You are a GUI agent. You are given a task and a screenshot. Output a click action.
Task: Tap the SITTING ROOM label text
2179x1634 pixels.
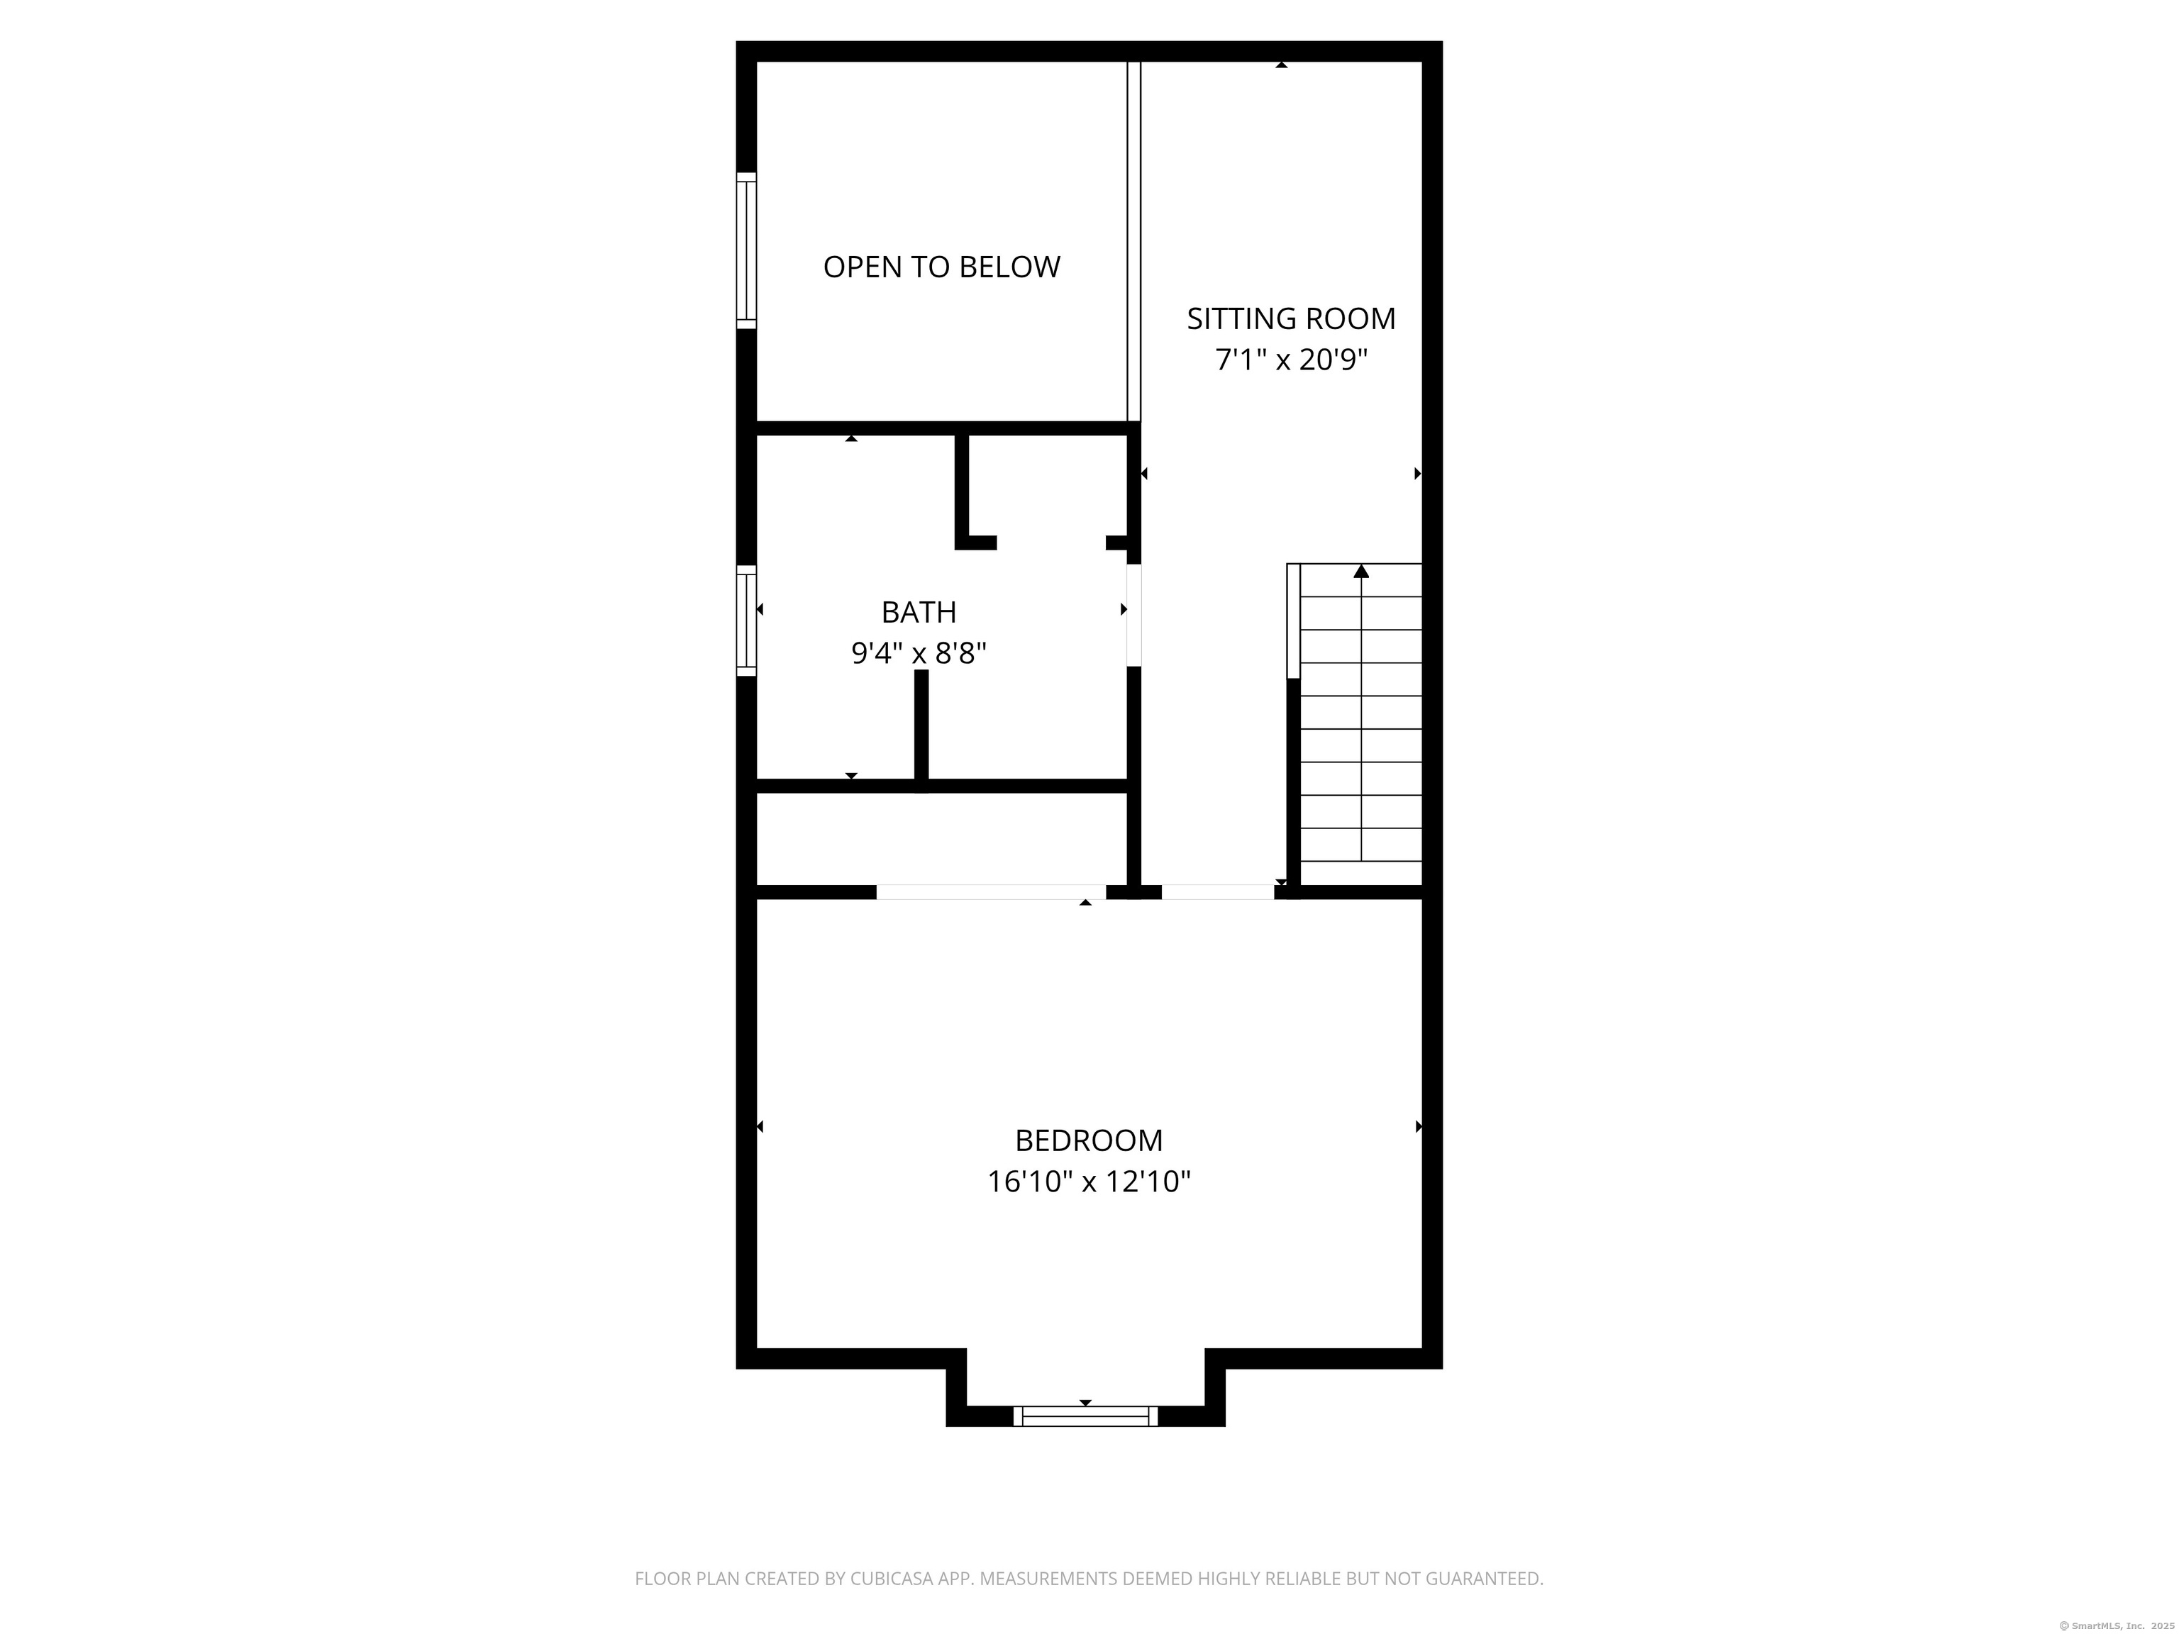coord(1290,318)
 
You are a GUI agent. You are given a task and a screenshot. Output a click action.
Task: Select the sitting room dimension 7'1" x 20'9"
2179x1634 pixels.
coord(1290,360)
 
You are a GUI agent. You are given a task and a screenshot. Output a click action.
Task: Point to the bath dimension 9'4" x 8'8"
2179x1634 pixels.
coord(918,653)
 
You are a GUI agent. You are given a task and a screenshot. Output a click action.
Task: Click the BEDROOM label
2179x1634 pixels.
coord(1089,1140)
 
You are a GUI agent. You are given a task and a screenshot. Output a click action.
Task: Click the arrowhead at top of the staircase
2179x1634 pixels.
coord(1361,571)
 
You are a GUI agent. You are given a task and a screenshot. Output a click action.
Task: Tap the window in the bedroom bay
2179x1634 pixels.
coord(1085,1416)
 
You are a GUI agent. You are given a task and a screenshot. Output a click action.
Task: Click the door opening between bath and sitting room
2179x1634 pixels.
coord(1133,615)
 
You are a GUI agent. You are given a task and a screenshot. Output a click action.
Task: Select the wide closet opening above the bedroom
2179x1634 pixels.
coord(990,892)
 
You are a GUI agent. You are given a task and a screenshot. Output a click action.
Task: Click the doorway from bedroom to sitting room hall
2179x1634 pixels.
coord(1218,892)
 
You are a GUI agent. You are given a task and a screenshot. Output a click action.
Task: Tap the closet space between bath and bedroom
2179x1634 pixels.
coord(941,839)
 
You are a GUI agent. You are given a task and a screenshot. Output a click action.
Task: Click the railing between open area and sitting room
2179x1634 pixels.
coord(1133,241)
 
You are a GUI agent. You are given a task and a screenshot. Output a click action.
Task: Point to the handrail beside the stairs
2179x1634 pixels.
coord(1293,621)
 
